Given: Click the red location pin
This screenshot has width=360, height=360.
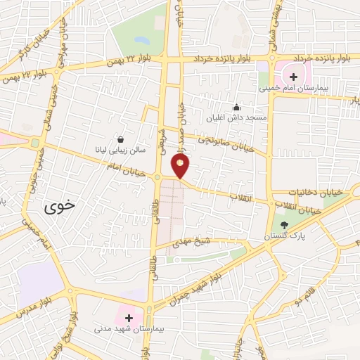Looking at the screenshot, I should [181, 166].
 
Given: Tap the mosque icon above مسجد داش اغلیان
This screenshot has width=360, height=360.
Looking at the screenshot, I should [236, 108].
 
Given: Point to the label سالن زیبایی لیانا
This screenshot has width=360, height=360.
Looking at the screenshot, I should [121, 149].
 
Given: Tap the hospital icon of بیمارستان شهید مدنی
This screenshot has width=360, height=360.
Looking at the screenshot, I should [128, 319].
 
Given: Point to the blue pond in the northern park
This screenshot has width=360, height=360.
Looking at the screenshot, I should [140, 40].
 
